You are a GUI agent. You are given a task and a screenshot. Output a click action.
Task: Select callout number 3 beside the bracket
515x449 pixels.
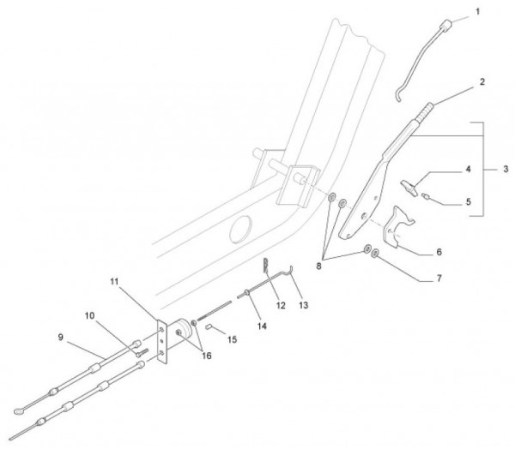(x=505, y=171)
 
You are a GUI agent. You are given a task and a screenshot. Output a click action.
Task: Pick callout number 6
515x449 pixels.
(x=439, y=254)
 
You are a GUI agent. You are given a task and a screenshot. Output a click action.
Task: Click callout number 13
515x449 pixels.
(x=302, y=304)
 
